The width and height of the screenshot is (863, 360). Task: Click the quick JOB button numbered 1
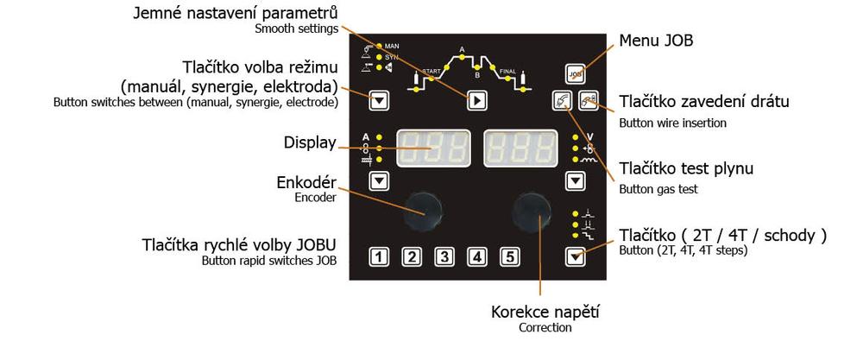pos(379,256)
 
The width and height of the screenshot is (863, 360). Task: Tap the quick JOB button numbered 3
pos(444,256)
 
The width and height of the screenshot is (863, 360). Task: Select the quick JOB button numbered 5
pos(509,256)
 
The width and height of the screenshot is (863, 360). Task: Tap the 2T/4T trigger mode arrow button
pos(576,255)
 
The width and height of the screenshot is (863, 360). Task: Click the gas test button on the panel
pos(562,101)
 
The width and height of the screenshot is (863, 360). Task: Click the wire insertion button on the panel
pos(588,101)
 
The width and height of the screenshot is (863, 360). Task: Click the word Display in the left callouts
pos(310,142)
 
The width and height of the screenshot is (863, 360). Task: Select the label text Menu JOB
pos(657,41)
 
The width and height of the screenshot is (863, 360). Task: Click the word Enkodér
pos(308,182)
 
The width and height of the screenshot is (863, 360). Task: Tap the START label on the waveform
pos(431,68)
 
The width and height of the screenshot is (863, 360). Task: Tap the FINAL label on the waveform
pos(507,70)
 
